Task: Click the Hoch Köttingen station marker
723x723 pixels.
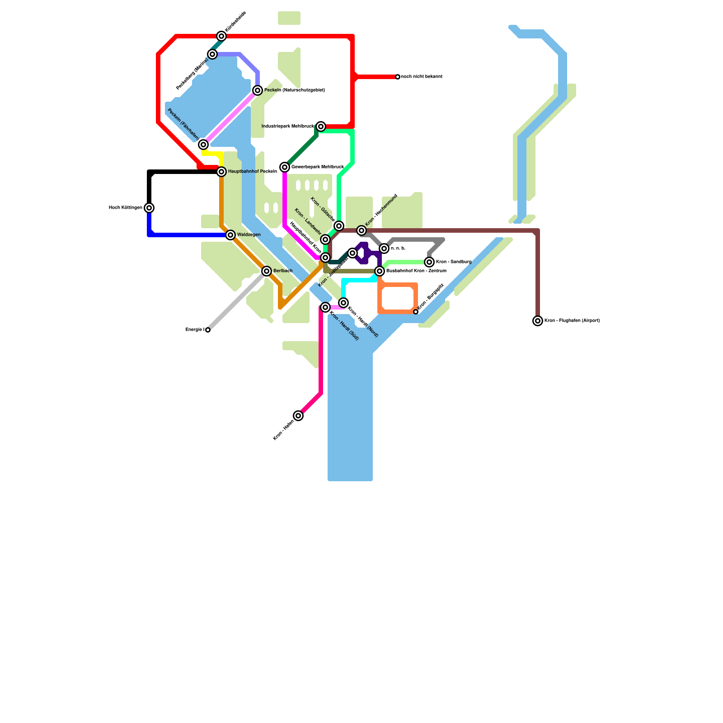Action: click(x=149, y=208)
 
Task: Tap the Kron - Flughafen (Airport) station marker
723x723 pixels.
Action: click(x=538, y=321)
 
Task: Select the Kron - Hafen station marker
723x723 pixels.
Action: click(x=298, y=416)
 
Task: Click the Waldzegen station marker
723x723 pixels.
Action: click(x=230, y=235)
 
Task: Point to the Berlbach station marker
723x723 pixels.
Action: click(x=267, y=271)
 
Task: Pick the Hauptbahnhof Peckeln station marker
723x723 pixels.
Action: click(x=221, y=172)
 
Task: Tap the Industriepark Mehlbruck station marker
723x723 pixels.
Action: click(x=321, y=127)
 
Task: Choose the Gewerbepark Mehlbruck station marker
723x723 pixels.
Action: click(x=285, y=167)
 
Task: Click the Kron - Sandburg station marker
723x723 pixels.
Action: click(x=429, y=262)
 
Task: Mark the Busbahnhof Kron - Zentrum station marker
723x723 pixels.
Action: click(x=380, y=271)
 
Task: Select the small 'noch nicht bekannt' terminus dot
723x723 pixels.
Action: click(x=398, y=77)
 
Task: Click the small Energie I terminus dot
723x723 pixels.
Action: click(x=208, y=330)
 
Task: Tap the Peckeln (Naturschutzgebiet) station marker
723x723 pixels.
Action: click(x=258, y=90)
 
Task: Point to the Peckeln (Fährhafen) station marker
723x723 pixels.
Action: click(x=203, y=145)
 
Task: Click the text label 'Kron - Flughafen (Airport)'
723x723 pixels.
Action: click(x=572, y=321)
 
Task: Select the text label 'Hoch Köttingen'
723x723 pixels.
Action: click(x=126, y=208)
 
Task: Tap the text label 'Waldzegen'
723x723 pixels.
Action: click(x=249, y=235)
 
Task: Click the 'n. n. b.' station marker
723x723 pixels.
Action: click(x=384, y=249)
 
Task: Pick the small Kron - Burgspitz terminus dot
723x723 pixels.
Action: click(x=416, y=312)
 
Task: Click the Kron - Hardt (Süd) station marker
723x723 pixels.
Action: click(x=325, y=307)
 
